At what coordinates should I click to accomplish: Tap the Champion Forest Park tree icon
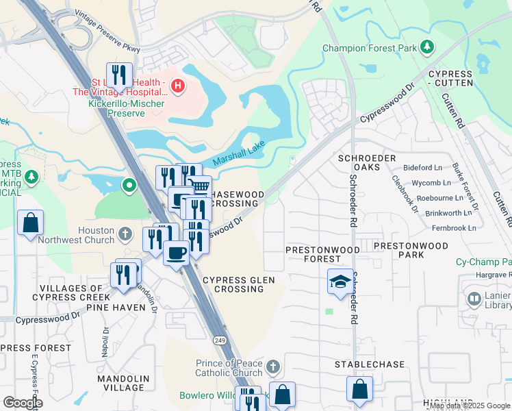click(427, 47)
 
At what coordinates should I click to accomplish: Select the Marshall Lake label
click(238, 157)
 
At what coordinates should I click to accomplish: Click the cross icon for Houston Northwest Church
click(125, 234)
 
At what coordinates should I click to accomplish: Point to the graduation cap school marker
click(340, 282)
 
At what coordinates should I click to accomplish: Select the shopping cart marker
click(199, 186)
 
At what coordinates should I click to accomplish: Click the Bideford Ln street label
click(423, 167)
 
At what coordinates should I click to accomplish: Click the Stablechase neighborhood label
click(370, 364)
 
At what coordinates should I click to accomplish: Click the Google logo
click(23, 403)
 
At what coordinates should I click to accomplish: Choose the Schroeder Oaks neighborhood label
click(367, 163)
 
